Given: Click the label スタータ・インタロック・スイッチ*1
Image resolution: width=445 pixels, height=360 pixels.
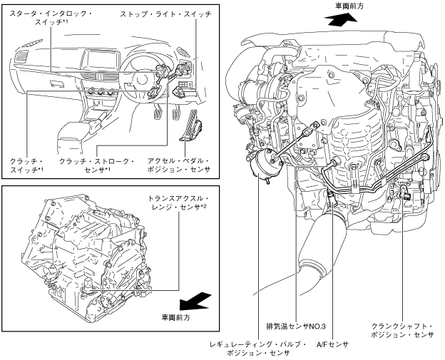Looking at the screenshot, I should (x=48, y=18).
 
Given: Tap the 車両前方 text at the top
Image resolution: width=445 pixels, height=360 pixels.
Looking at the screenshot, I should (x=351, y=6).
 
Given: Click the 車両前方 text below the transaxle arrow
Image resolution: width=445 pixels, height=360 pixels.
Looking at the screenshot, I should (x=175, y=317).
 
